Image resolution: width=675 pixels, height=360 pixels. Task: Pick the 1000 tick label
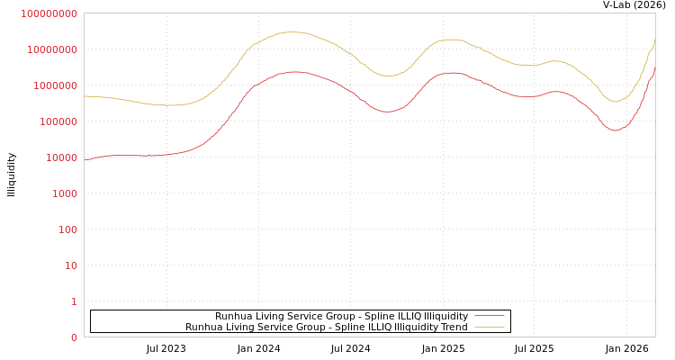[62, 193]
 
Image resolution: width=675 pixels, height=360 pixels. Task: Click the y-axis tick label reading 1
[74, 301]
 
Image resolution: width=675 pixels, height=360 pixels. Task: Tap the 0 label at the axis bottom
[74, 337]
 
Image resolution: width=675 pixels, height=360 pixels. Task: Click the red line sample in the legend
[490, 316]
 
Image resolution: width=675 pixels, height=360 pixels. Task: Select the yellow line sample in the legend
[490, 327]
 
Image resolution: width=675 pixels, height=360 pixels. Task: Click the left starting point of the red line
[85, 160]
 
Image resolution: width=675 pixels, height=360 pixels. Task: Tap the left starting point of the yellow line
[85, 95]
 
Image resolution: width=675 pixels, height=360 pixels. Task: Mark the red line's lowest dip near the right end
[616, 130]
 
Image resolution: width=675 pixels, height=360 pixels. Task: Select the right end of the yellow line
[654, 40]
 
